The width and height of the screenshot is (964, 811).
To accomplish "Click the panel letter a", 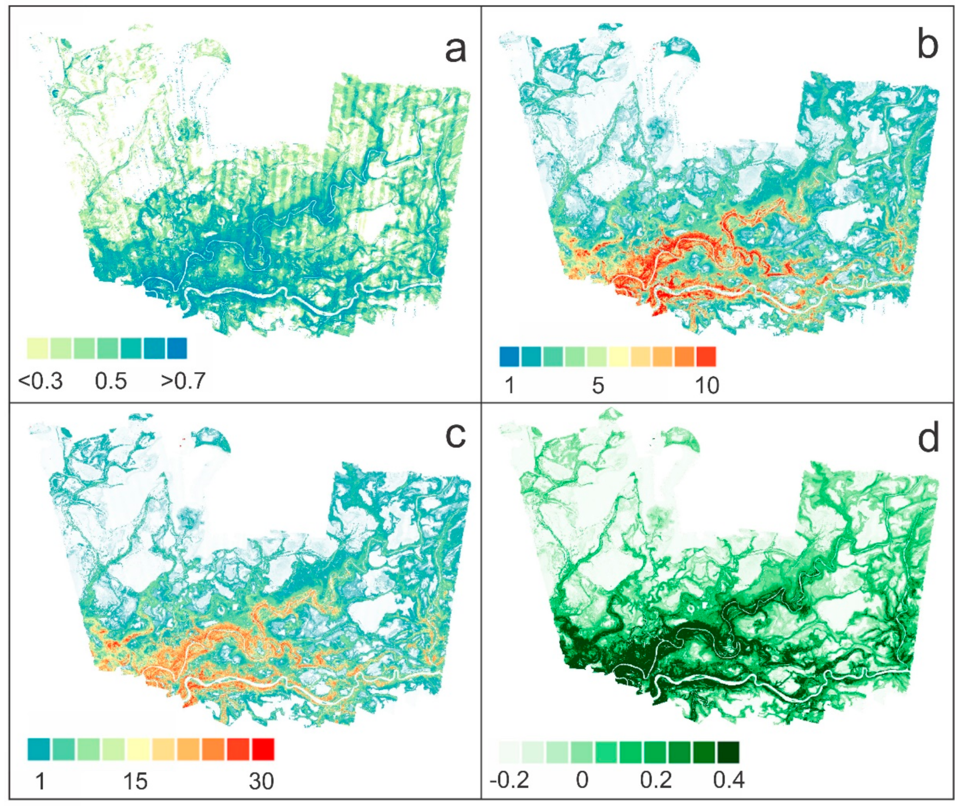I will [x=455, y=50].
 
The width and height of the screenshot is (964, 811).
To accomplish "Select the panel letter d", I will [x=928, y=438].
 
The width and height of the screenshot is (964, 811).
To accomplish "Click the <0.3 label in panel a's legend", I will [x=40, y=381].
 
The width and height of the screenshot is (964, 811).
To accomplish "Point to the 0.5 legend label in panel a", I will [x=111, y=381].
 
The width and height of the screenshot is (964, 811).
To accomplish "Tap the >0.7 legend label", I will [x=183, y=381].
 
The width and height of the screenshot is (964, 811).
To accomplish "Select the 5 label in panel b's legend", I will [x=597, y=385].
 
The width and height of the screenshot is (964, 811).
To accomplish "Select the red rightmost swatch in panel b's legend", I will [x=706, y=357].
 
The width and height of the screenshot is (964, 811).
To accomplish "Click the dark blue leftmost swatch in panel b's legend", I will [x=509, y=357].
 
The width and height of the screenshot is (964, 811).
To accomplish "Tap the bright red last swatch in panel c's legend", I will [x=263, y=749].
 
